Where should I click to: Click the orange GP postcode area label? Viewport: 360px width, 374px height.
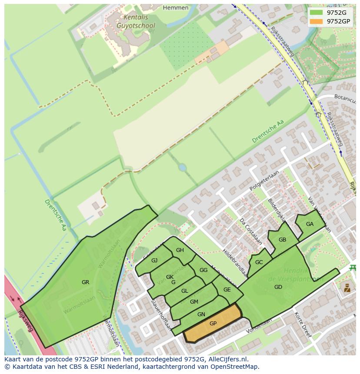(x=213, y=324)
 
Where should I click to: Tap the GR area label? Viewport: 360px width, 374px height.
(x=85, y=282)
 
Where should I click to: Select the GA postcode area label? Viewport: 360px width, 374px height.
(x=310, y=224)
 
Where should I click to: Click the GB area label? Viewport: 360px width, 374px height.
(x=282, y=240)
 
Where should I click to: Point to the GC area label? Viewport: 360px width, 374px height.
(x=259, y=262)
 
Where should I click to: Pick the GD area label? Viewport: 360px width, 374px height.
(x=278, y=287)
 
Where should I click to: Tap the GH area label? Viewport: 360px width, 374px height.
(x=180, y=250)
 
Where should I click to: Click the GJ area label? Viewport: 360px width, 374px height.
(x=154, y=261)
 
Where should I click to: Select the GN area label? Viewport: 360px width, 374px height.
(x=201, y=314)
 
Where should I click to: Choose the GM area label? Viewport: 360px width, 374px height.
(x=194, y=302)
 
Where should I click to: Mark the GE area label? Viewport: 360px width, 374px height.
(x=227, y=290)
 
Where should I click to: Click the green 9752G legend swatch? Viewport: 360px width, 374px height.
(x=317, y=13)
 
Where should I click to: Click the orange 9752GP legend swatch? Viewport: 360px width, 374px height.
(x=317, y=21)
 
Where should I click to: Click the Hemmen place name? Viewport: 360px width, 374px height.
(x=176, y=7)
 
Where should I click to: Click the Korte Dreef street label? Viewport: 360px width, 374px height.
(x=303, y=324)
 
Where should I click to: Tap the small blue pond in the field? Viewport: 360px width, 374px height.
(x=182, y=167)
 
